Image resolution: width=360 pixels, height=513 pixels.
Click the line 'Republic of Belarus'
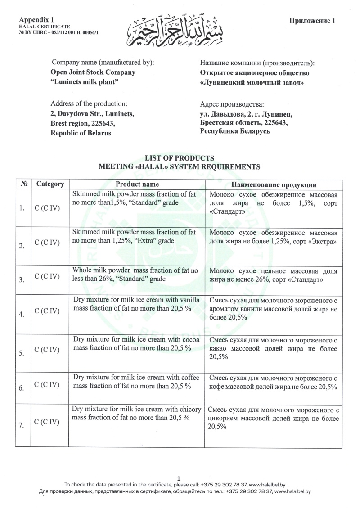coord(81,133)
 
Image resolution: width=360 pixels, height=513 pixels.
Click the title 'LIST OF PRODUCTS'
coord(179,158)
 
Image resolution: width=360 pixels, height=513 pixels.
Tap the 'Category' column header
coord(50,184)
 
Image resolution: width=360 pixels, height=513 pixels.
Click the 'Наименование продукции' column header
coord(274,184)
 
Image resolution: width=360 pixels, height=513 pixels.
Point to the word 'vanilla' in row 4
coord(189,300)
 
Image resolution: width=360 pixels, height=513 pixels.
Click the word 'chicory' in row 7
coord(188,409)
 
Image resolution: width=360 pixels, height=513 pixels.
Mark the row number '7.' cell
coord(22,425)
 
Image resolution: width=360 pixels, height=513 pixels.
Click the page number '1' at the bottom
coord(179,478)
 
